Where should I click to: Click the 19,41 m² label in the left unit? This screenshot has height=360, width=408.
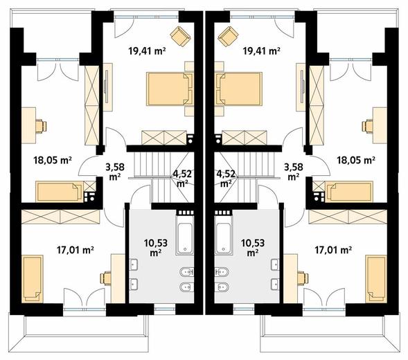[x=148, y=51]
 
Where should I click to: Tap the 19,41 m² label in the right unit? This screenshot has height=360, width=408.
[x=261, y=51]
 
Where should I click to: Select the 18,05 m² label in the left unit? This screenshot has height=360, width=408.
[x=53, y=160]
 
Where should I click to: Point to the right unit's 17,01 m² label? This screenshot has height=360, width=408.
[x=333, y=250]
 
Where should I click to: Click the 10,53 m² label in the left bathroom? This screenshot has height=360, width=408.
[x=155, y=248]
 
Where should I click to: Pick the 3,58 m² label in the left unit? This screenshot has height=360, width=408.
[x=115, y=172]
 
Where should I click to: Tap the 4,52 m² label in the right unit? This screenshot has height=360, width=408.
[x=226, y=179]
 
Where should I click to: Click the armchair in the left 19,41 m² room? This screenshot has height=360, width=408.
[x=180, y=36]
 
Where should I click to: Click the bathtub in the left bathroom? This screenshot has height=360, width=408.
[x=185, y=235]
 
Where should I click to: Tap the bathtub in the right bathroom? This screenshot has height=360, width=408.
[x=223, y=235]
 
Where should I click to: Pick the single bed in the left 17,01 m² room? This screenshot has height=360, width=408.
[x=33, y=279]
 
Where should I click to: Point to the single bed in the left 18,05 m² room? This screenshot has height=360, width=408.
[x=60, y=192]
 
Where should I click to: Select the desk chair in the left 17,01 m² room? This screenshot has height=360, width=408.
[x=106, y=278]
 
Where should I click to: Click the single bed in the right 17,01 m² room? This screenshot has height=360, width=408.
[x=376, y=279]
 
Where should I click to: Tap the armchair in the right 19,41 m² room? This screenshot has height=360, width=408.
[x=228, y=36]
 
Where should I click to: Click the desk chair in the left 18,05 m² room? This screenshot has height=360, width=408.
[x=41, y=126]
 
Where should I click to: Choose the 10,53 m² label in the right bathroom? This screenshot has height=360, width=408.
[x=253, y=248]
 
